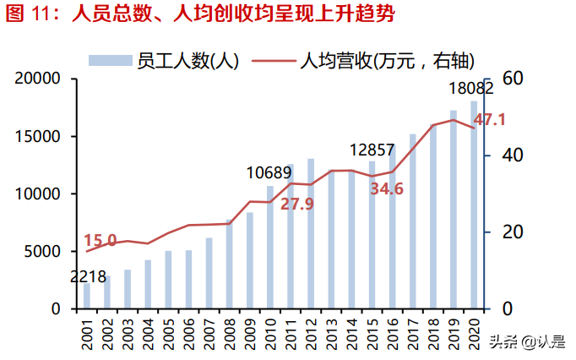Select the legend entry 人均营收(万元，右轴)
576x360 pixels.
[363, 60]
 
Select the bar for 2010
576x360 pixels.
[270, 247]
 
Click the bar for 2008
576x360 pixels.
[230, 264]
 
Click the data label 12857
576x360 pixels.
[371, 150]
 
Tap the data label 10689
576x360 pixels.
[269, 173]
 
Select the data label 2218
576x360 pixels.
[87, 275]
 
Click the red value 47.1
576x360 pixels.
[490, 121]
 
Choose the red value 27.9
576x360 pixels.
[297, 204]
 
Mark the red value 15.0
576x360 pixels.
[101, 241]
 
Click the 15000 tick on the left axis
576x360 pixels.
[35, 136]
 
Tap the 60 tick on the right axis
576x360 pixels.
[514, 78]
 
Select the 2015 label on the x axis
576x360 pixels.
[372, 335]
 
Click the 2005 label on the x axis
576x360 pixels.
[168, 335]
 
